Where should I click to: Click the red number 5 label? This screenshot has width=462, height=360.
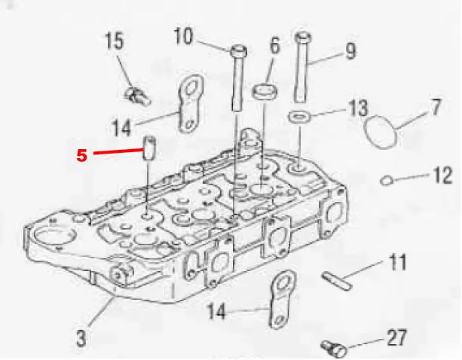click(x=82, y=155)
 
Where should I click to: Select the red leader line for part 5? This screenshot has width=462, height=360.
click(x=118, y=151)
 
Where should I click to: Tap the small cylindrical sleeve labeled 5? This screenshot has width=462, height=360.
click(x=149, y=148)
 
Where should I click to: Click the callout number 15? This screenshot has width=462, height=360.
click(x=115, y=41)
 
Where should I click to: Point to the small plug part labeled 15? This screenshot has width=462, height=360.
click(x=137, y=96)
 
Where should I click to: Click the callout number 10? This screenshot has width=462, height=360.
click(x=183, y=36)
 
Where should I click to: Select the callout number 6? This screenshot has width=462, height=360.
click(x=274, y=46)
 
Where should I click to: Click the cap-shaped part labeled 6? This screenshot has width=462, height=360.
click(x=265, y=91)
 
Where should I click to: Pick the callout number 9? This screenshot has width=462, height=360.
click(x=350, y=51)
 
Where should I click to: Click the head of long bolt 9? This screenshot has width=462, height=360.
click(x=303, y=37)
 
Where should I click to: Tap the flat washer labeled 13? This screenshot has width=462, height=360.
click(x=300, y=117)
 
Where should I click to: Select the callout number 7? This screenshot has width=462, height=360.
click(x=436, y=106)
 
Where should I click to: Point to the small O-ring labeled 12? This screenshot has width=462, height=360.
click(x=387, y=180)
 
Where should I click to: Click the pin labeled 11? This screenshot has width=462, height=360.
click(x=336, y=281)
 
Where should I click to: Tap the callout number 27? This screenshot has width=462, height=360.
click(x=396, y=337)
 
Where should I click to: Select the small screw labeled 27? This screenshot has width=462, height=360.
click(x=334, y=349)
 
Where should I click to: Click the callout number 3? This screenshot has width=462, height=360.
click(x=81, y=338)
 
